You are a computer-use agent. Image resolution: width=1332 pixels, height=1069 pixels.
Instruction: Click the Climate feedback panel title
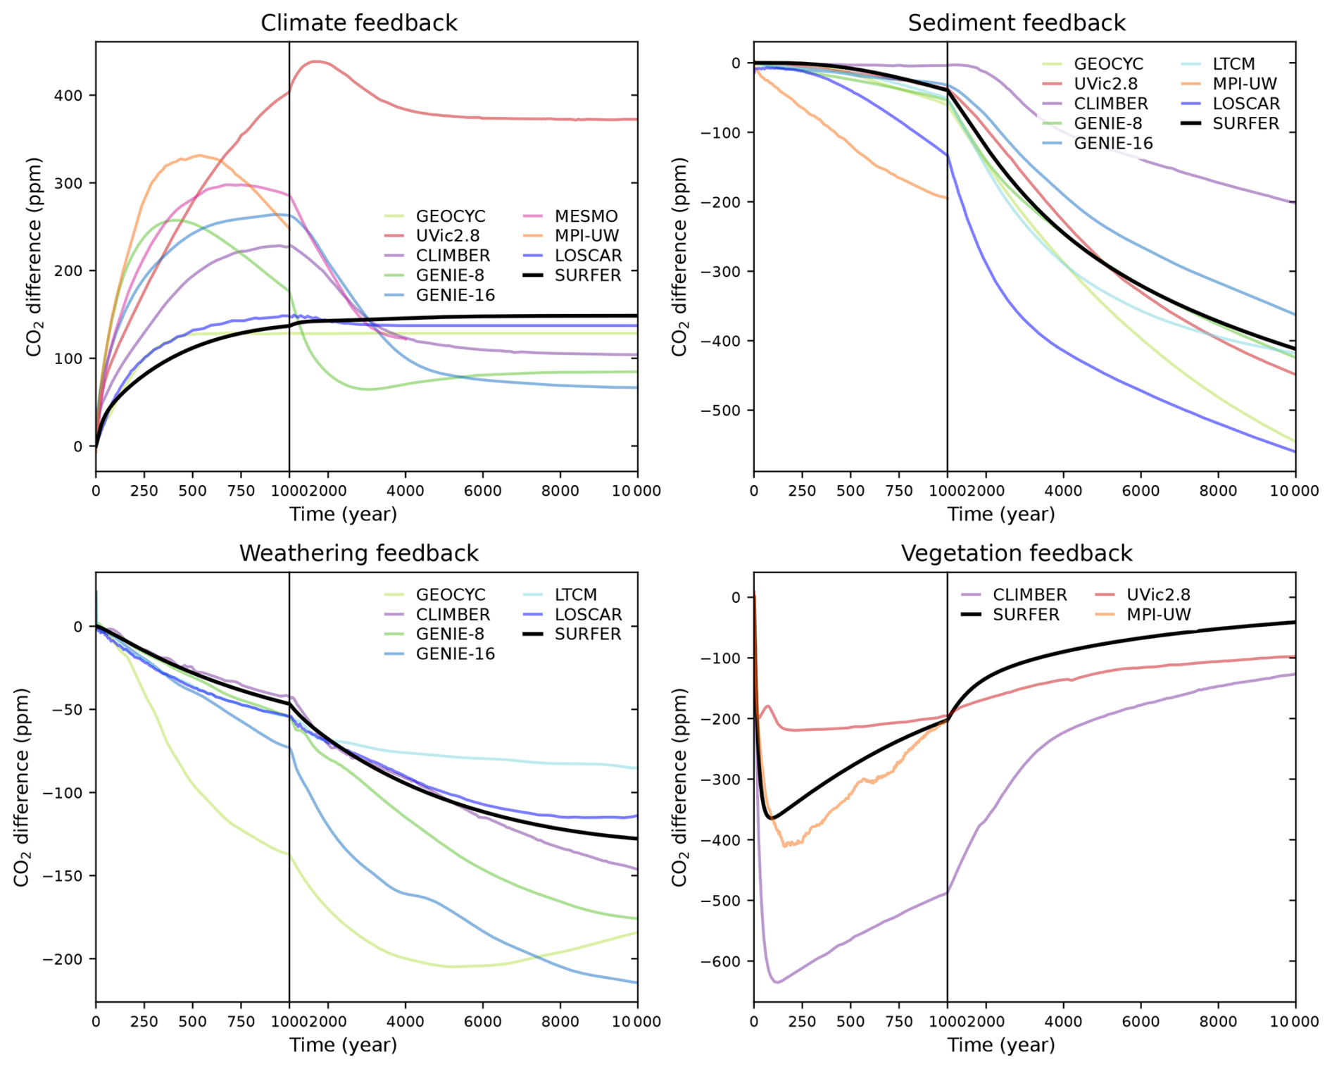point(358,23)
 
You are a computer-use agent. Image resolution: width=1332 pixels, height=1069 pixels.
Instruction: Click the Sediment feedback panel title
point(1016,23)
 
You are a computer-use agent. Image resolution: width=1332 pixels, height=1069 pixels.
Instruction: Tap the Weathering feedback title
point(358,554)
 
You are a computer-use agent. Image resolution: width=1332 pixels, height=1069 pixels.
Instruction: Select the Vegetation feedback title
point(1016,554)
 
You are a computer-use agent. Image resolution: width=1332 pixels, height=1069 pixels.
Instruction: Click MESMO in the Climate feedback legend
point(586,216)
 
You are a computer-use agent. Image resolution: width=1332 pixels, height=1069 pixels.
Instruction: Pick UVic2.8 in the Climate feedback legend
point(447,236)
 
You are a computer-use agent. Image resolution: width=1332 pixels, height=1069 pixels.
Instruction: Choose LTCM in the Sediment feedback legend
point(1233,64)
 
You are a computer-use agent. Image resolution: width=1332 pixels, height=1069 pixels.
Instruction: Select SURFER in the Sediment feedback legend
point(1245,123)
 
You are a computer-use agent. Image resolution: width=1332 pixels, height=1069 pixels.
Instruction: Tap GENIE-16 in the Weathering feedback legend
point(455,654)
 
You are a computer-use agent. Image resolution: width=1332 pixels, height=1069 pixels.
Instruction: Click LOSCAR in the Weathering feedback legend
point(588,615)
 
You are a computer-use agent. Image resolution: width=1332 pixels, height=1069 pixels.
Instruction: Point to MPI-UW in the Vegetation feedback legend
point(1158,615)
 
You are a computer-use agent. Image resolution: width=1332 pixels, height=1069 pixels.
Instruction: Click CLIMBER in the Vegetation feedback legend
point(1029,595)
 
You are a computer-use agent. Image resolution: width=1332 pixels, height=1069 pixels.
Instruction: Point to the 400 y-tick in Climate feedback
point(68,95)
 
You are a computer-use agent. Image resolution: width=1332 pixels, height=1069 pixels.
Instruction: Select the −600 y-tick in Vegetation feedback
point(720,961)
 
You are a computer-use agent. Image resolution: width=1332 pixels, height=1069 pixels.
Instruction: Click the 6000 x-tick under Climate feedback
point(482,491)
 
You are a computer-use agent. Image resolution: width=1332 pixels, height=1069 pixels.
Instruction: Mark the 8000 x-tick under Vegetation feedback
point(1217,1022)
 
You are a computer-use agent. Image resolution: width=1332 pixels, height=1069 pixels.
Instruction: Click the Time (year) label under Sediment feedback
point(1000,514)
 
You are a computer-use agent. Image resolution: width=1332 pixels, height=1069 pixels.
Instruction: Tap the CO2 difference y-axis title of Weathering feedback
point(23,787)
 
